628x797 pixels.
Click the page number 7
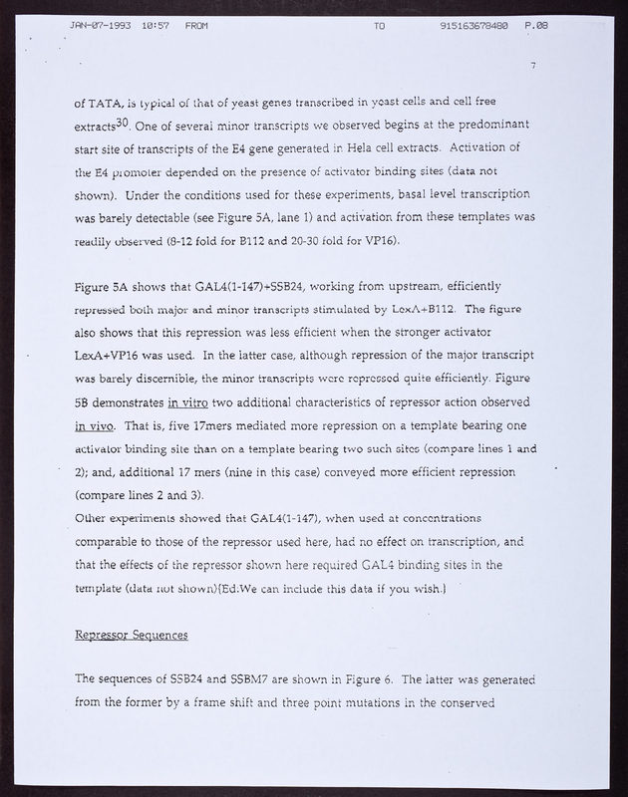coord(534,66)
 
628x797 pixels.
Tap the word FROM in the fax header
coord(196,24)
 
